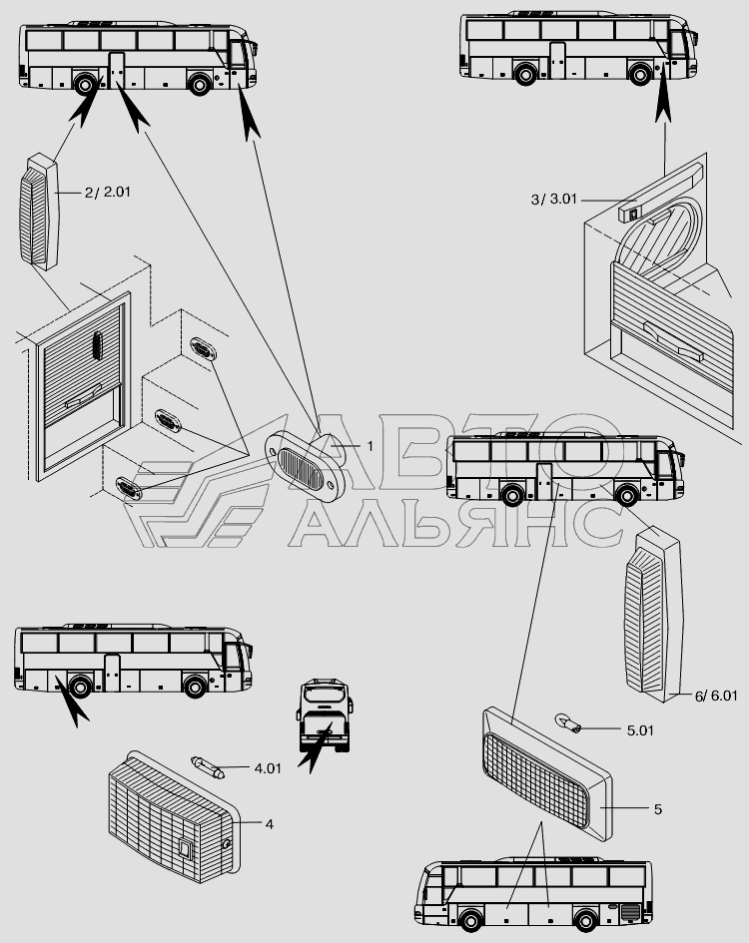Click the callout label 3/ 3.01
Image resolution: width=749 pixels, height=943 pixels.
(x=554, y=200)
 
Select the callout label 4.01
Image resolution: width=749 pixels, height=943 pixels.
(x=267, y=769)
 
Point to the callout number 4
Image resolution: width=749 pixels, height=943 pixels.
(x=268, y=824)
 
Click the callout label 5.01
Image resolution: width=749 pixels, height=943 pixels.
(x=640, y=730)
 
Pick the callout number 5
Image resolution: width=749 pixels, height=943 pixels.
(x=657, y=809)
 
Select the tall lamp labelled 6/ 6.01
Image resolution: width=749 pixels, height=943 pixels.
(x=651, y=614)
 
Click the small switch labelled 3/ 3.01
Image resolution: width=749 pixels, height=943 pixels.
(x=630, y=212)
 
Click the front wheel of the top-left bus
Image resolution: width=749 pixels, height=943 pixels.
(x=200, y=84)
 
